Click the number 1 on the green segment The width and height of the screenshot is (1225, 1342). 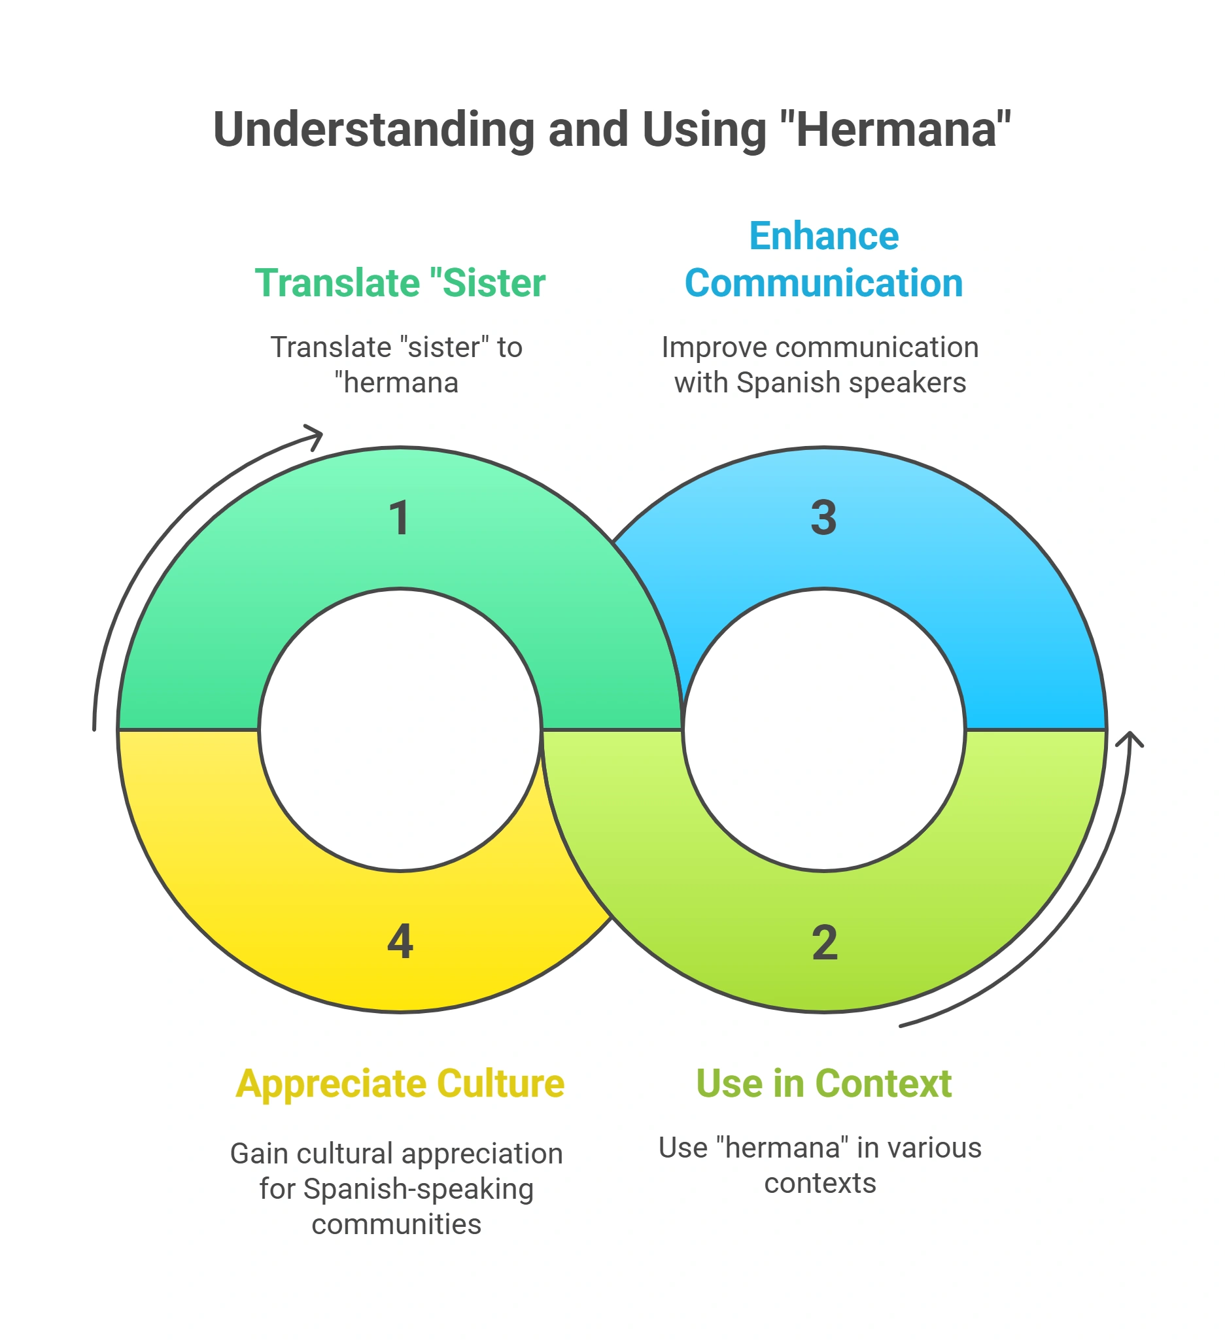click(x=400, y=518)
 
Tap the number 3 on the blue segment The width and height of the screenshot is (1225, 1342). click(x=823, y=517)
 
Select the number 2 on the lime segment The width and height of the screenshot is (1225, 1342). click(x=824, y=942)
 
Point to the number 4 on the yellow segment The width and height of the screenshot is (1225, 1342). click(x=400, y=941)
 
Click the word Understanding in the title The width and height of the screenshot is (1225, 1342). click(x=374, y=129)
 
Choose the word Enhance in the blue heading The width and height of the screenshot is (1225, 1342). click(x=823, y=235)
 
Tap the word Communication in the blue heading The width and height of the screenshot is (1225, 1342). click(x=823, y=283)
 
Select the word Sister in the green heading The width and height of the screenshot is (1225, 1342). click(x=494, y=283)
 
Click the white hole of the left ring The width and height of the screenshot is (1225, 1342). click(x=400, y=730)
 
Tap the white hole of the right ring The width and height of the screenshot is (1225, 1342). click(x=824, y=730)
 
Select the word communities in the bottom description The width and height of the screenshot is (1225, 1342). click(x=396, y=1224)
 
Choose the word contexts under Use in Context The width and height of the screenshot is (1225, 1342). click(x=820, y=1183)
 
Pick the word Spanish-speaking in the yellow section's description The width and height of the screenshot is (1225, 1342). click(x=418, y=1189)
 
